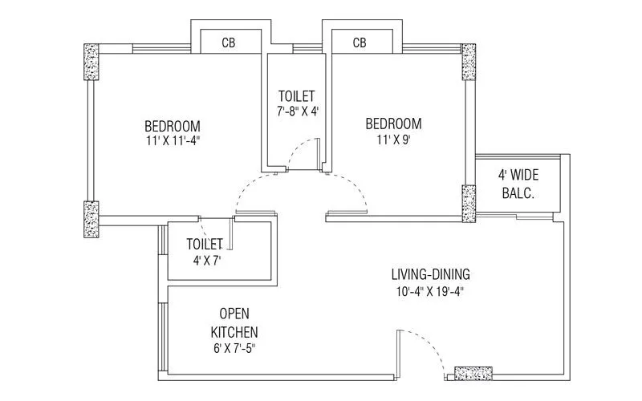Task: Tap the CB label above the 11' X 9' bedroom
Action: [360, 43]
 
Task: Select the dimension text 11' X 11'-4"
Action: [173, 141]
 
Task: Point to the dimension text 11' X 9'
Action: [393, 139]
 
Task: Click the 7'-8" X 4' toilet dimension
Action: [297, 111]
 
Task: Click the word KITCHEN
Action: [234, 330]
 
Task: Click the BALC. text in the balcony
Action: [518, 193]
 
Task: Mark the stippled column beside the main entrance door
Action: [468, 373]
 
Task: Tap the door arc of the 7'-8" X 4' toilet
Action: [300, 148]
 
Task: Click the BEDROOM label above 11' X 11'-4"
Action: [173, 126]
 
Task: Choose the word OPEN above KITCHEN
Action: [234, 314]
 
